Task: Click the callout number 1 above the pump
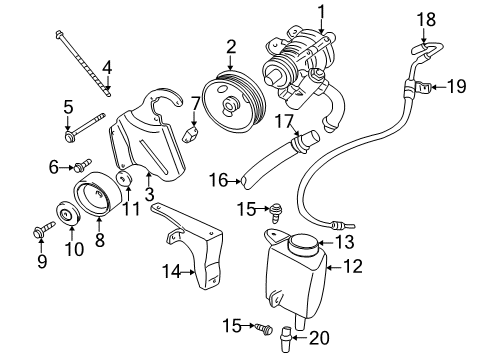(x=321, y=12)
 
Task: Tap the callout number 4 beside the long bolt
(x=107, y=68)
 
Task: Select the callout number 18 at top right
(x=426, y=18)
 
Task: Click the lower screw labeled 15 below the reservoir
(x=261, y=326)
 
